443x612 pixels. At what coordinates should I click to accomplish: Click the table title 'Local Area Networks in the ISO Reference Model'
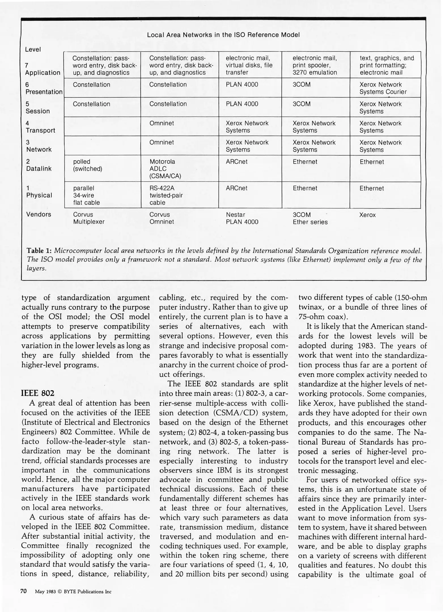223,35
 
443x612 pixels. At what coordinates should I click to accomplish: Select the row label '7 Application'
43,69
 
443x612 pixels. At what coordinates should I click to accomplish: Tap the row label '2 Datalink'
39,165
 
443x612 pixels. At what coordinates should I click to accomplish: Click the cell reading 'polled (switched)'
87,165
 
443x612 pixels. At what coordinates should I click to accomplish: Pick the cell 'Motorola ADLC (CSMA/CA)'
165,169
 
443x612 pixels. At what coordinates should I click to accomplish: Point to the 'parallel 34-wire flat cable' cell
86,195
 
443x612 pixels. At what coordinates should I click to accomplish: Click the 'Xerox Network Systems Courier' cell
383,88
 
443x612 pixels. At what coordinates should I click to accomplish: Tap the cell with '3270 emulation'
315,65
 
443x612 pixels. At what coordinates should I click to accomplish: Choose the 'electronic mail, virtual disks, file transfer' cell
249,65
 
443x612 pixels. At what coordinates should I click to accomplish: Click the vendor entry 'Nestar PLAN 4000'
242,218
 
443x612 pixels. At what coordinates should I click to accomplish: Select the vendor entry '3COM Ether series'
310,218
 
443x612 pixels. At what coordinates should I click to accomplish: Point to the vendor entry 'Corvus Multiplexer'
88,218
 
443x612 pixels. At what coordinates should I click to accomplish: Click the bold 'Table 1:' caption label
39,251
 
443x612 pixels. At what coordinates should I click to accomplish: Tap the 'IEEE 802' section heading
38,393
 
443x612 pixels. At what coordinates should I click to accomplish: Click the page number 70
24,591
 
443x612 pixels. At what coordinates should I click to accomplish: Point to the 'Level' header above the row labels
33,49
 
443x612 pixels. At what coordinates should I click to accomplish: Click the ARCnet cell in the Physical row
236,188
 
